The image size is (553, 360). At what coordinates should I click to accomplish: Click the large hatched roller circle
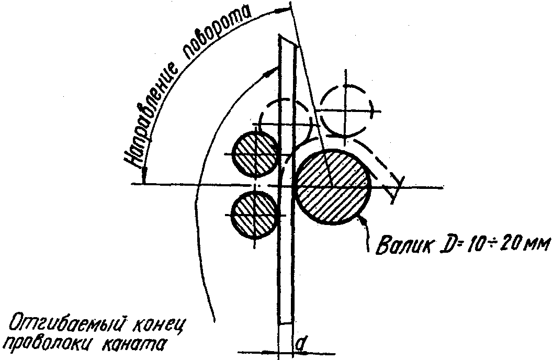point(333,187)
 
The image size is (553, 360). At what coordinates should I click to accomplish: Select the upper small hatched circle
point(255,153)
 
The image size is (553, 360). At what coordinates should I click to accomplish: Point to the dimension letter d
point(300,344)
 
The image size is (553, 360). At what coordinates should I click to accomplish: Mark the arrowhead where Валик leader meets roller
point(363,220)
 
